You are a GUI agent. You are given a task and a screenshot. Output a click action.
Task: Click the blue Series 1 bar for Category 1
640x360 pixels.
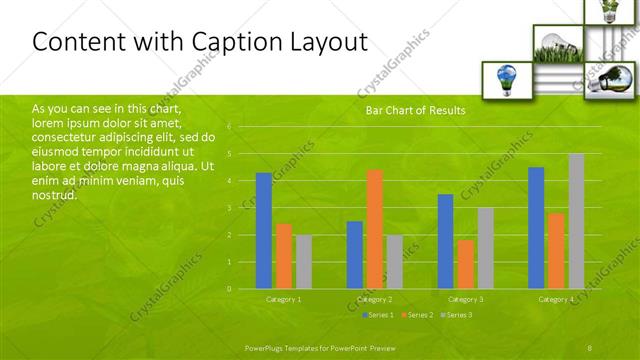tap(264, 231)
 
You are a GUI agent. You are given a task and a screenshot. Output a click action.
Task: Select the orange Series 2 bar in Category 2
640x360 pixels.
tap(374, 229)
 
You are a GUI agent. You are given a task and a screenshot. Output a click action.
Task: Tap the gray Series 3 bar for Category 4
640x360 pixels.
tap(576, 221)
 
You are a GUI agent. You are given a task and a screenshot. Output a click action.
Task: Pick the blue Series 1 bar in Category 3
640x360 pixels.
tap(445, 241)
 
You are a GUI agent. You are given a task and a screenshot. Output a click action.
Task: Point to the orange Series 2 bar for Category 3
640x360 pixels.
tap(465, 264)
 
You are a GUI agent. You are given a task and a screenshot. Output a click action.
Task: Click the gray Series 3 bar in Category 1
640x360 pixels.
tap(304, 262)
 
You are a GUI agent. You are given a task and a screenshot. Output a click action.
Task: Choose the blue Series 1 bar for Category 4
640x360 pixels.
tap(536, 228)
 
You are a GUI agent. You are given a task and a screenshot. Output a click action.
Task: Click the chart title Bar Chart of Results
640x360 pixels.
tap(415, 111)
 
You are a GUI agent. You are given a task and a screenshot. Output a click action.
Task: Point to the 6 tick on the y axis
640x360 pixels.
tap(229, 127)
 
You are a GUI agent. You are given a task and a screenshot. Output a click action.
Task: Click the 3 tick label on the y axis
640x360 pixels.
tap(229, 208)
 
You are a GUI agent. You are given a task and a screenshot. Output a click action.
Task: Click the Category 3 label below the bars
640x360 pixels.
tap(465, 300)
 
